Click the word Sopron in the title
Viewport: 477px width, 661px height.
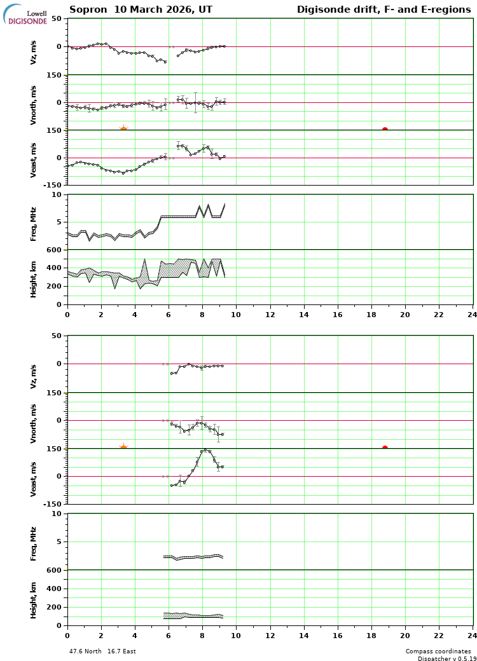pyautogui.click(x=86, y=10)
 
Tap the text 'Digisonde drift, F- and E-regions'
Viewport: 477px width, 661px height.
pyautogui.click(x=384, y=10)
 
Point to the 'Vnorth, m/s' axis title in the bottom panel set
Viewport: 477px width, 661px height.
pyautogui.click(x=34, y=421)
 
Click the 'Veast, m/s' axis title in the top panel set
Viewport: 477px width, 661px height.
pyautogui.click(x=34, y=160)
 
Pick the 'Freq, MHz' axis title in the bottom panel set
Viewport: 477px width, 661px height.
pyautogui.click(x=34, y=543)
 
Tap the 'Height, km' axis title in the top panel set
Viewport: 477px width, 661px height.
pyautogui.click(x=34, y=277)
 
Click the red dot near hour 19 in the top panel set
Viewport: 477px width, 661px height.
pyautogui.click(x=385, y=130)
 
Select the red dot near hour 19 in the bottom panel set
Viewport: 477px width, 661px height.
pyautogui.click(x=385, y=448)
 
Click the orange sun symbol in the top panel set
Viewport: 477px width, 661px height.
pyautogui.click(x=123, y=129)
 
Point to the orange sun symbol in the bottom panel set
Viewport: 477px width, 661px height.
pyautogui.click(x=123, y=447)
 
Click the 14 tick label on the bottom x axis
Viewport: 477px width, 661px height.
pyautogui.click(x=303, y=634)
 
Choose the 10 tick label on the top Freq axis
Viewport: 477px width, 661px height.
pyautogui.click(x=57, y=194)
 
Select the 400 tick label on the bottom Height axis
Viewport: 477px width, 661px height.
pyautogui.click(x=54, y=589)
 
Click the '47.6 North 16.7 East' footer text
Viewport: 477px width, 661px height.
pyautogui.click(x=102, y=651)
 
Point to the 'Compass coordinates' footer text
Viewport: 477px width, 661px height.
pyautogui.click(x=438, y=651)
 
